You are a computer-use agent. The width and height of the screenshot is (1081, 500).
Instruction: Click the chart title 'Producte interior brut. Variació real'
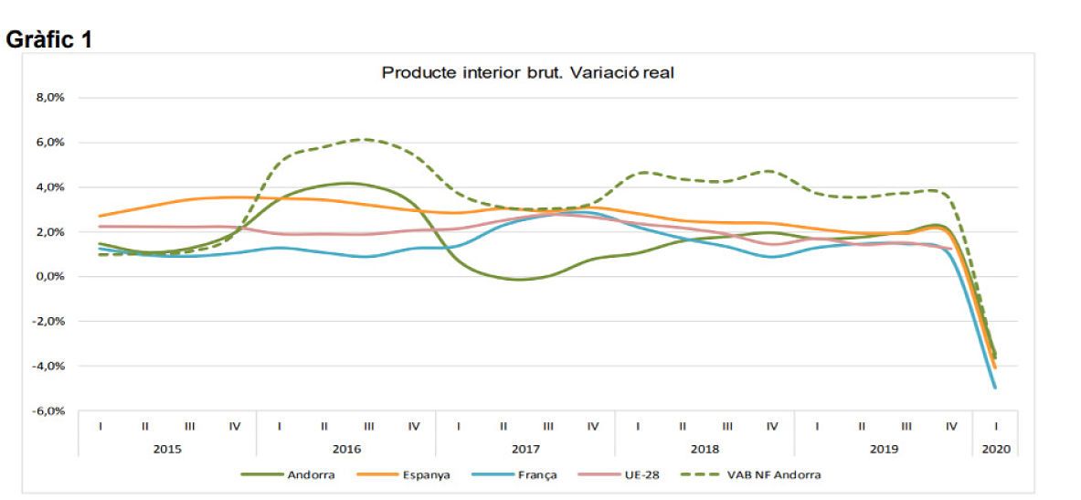click(x=527, y=73)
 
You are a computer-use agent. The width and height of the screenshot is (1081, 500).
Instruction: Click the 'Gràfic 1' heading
click(x=49, y=41)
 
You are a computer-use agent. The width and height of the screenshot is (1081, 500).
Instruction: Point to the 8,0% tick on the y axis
click(x=50, y=97)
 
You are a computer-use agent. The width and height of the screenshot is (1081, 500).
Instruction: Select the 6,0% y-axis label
click(x=50, y=143)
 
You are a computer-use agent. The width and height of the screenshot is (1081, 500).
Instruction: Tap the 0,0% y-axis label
click(x=50, y=277)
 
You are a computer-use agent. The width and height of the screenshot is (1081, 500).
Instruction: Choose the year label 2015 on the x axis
click(x=167, y=449)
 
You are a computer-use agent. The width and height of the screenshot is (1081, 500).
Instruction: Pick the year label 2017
click(x=525, y=449)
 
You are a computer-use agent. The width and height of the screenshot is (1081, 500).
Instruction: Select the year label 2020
click(x=994, y=449)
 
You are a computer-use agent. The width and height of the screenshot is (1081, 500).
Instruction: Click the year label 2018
click(x=705, y=449)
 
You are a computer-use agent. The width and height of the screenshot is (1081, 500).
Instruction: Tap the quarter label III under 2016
click(x=369, y=426)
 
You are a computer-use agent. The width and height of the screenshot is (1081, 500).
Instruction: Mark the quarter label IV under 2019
click(x=951, y=426)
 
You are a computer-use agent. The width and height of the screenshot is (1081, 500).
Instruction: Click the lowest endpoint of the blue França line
click(x=994, y=388)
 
